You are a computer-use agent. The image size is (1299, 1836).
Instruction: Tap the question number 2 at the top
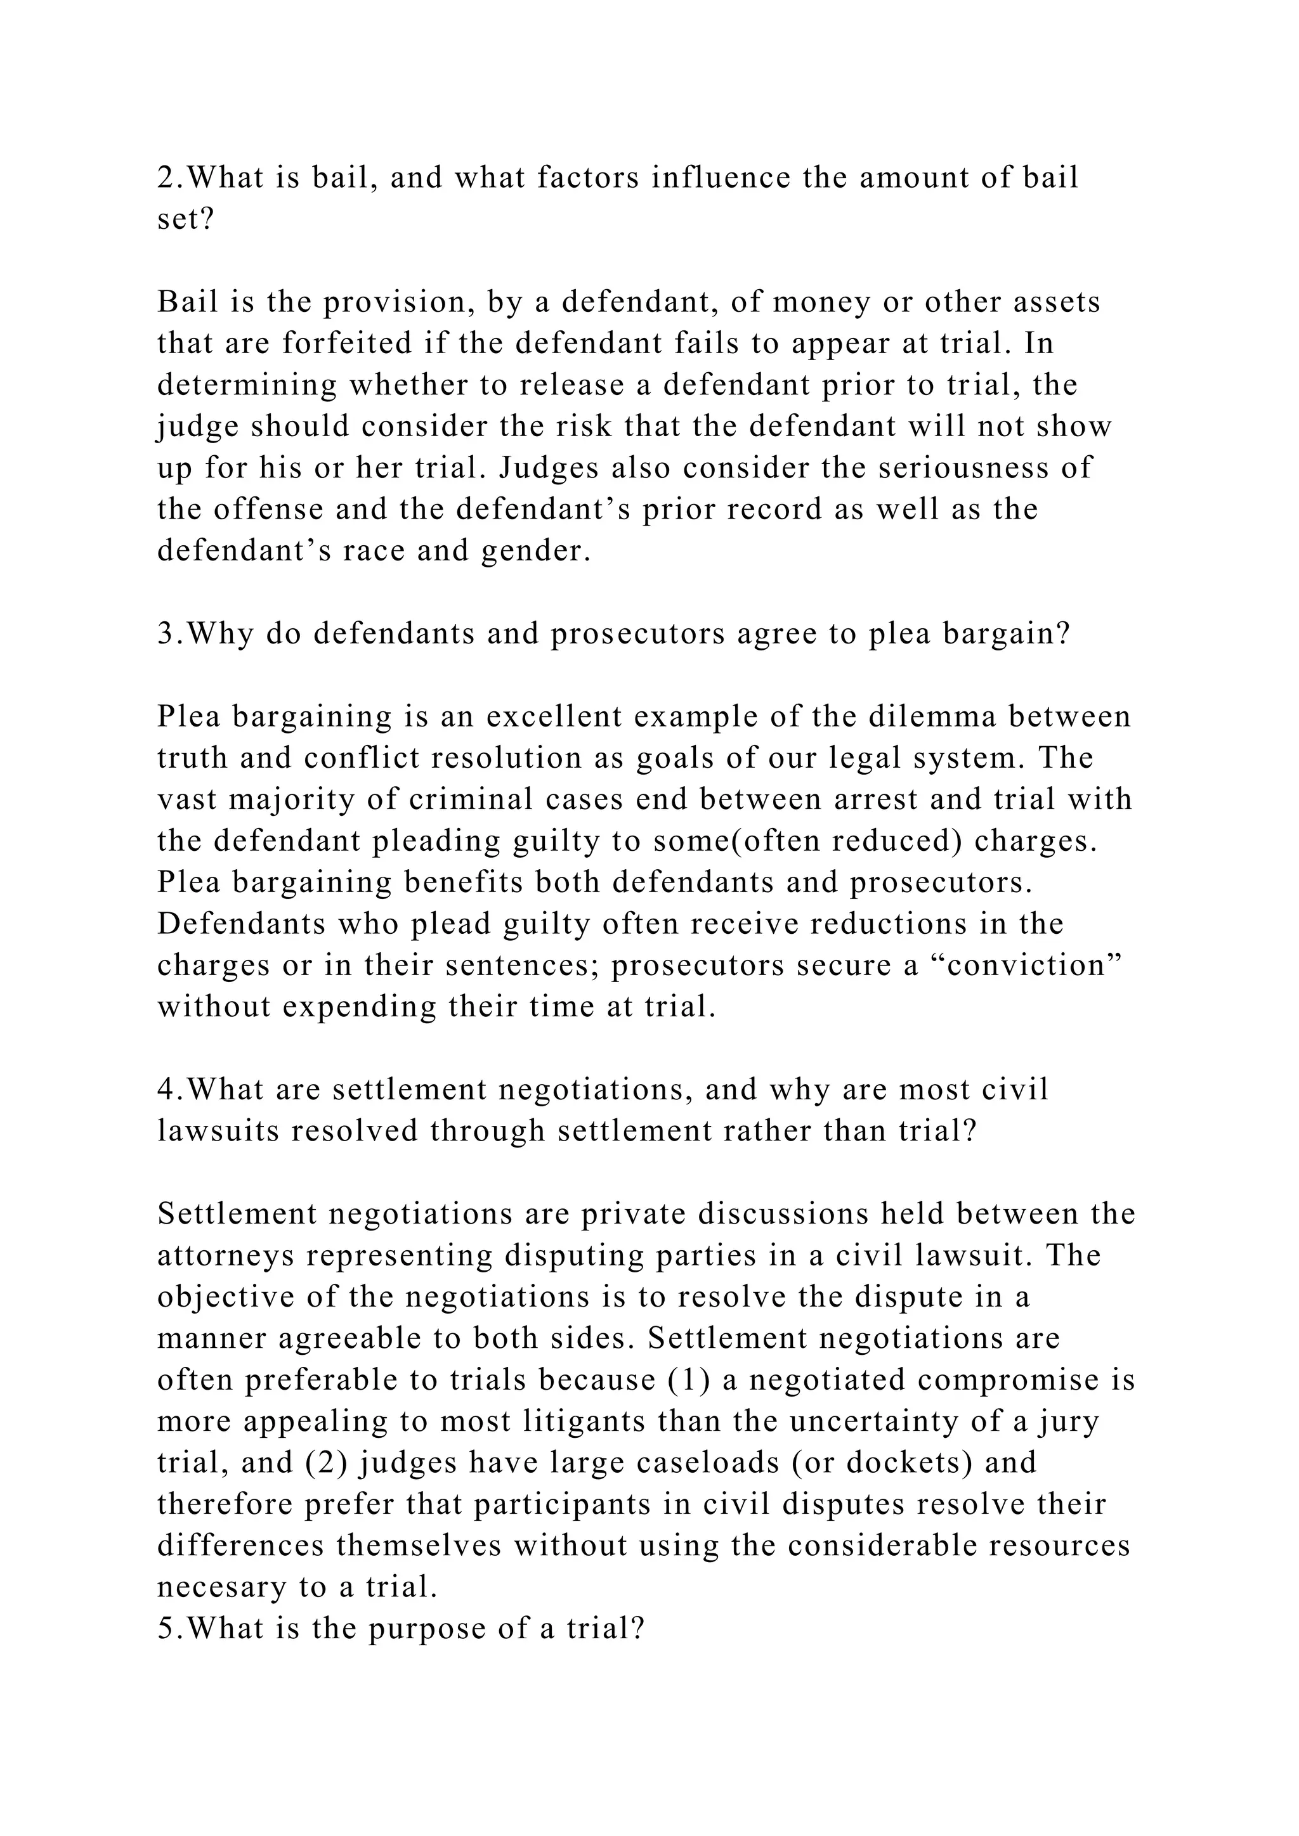click(166, 178)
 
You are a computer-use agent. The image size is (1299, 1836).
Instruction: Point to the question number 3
click(166, 634)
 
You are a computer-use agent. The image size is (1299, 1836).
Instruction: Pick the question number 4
click(166, 1090)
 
